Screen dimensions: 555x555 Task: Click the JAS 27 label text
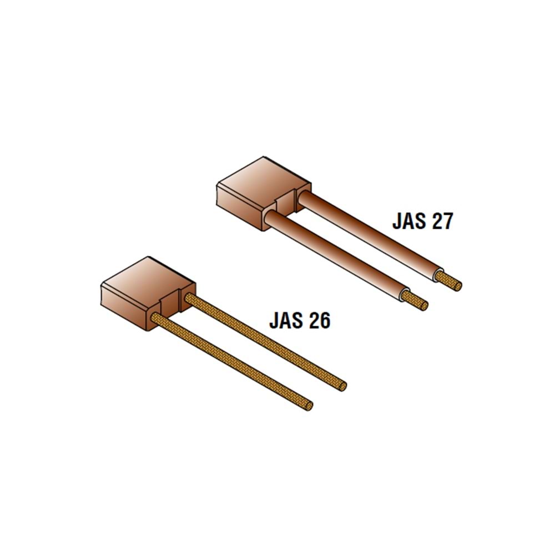[x=422, y=221]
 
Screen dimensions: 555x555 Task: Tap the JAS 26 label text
[x=300, y=321]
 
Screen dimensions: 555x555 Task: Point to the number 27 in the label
[x=441, y=221]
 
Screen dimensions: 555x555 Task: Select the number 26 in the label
[x=318, y=321]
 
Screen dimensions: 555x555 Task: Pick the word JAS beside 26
[x=285, y=321]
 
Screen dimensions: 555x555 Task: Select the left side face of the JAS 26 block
[x=124, y=307]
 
